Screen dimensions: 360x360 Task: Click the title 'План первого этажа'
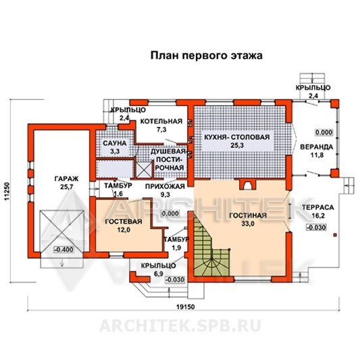pyautogui.click(x=207, y=56)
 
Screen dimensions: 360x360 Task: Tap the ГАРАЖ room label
pyautogui.click(x=67, y=178)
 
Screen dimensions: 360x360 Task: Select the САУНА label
pyautogui.click(x=115, y=143)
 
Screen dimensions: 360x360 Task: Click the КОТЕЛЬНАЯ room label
pyautogui.click(x=161, y=121)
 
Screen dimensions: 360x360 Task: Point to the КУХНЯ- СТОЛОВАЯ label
pyautogui.click(x=237, y=137)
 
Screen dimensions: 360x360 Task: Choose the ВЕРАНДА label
pyautogui.click(x=317, y=147)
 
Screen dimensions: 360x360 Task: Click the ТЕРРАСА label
pyautogui.click(x=317, y=207)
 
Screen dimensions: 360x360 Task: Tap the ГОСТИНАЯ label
pyautogui.click(x=248, y=215)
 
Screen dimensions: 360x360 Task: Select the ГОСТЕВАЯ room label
pyautogui.click(x=124, y=222)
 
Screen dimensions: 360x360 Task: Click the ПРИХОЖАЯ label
pyautogui.click(x=165, y=186)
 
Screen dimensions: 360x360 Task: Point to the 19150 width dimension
pyautogui.click(x=185, y=307)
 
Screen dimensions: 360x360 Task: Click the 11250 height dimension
pyautogui.click(x=7, y=191)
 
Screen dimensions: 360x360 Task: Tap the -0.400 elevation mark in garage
pyautogui.click(x=63, y=249)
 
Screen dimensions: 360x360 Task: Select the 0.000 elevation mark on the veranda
pyautogui.click(x=324, y=132)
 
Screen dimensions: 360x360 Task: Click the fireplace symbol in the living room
pyautogui.click(x=247, y=184)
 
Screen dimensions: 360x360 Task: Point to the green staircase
pyautogui.click(x=211, y=248)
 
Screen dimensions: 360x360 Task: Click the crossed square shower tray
pyautogui.click(x=145, y=170)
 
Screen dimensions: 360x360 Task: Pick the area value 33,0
pyautogui.click(x=248, y=224)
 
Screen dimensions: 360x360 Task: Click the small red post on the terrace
pyautogui.click(x=335, y=235)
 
